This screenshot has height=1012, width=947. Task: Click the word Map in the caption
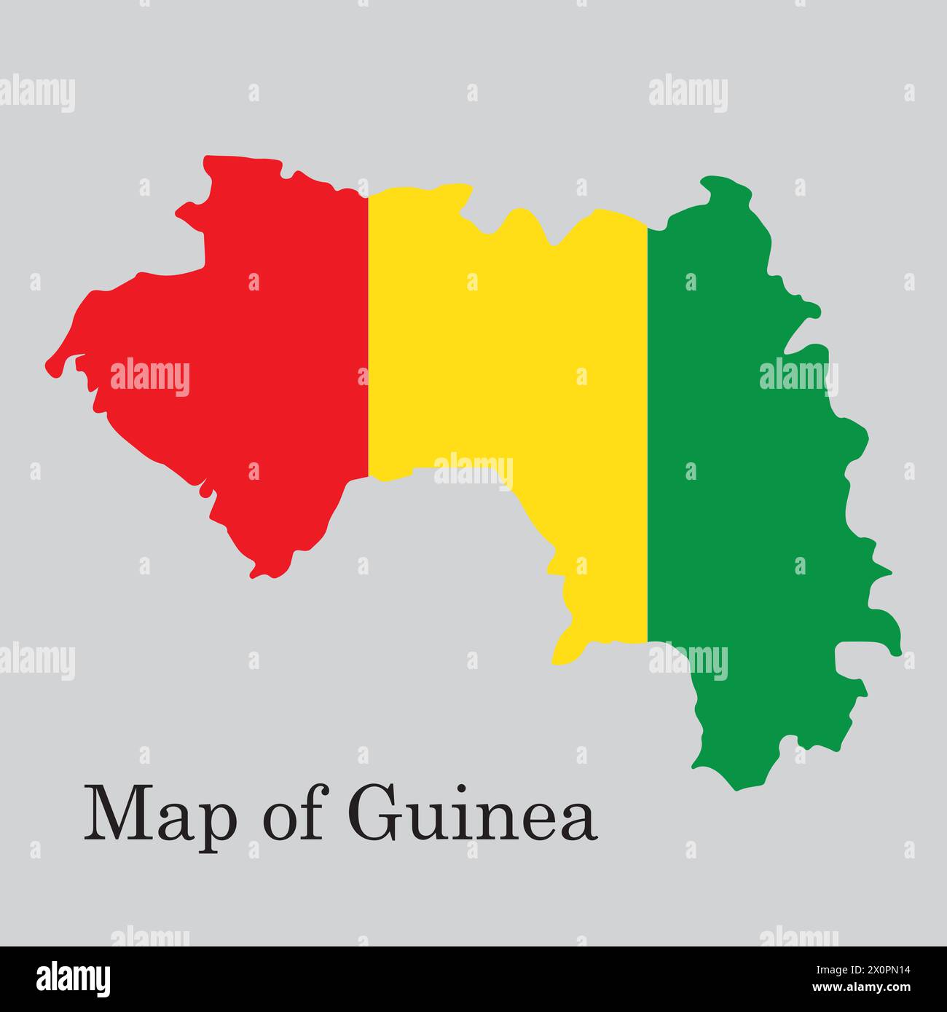coord(160,814)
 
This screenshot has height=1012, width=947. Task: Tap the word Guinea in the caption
coord(473,813)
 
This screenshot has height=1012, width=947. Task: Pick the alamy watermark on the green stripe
coord(798,377)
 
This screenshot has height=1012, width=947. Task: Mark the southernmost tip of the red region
coord(254,576)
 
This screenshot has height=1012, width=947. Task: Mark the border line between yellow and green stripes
coord(647,422)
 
